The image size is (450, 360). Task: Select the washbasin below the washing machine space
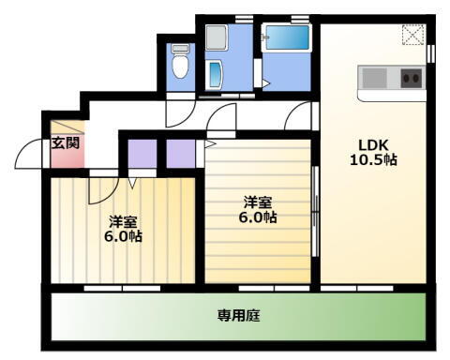click(217, 75)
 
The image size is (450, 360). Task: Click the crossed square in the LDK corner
click(412, 35)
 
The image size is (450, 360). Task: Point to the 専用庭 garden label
click(239, 316)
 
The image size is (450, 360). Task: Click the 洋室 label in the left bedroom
click(123, 221)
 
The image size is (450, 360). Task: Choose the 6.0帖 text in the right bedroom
click(257, 217)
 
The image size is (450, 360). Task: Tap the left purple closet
click(142, 152)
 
